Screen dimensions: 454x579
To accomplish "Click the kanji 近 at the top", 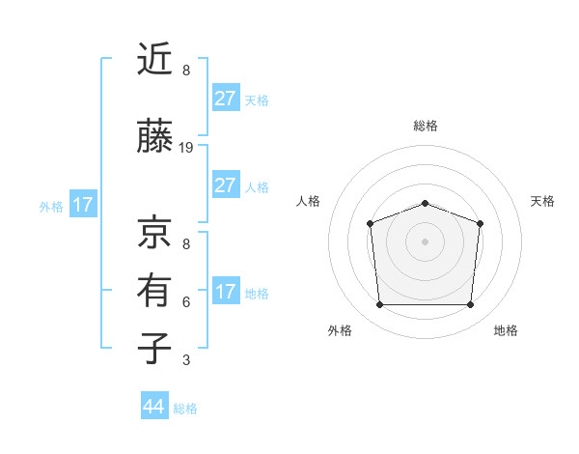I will pos(154,60).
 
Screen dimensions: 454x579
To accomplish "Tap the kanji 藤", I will pos(154,137).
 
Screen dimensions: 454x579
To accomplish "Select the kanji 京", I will pos(154,231).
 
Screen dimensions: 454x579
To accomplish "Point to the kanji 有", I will pos(154,291).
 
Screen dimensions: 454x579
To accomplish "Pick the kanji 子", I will pos(154,349).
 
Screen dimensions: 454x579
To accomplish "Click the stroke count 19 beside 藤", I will pos(186,148).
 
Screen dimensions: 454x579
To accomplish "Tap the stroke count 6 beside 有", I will pos(186,301).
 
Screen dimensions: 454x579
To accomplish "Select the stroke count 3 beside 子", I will pos(186,360).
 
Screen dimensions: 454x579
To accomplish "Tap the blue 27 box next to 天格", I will pos(225,99).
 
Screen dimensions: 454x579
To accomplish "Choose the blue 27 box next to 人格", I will pos(225,185).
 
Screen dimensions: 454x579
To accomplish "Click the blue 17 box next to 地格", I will pos(225,292).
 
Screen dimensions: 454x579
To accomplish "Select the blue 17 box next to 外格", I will pos(82,205).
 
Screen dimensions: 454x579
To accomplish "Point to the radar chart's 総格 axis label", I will pos(425,126).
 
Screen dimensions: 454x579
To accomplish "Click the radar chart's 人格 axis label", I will pos(309,201).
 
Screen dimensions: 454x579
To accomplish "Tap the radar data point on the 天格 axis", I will pos(480,223).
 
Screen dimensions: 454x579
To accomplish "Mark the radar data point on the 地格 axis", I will pos(470,305).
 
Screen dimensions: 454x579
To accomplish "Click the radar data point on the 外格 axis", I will pos(379,305).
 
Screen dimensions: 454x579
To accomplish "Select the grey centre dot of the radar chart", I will pos(425,241).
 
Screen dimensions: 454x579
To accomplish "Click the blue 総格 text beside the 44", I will pos(185,409).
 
